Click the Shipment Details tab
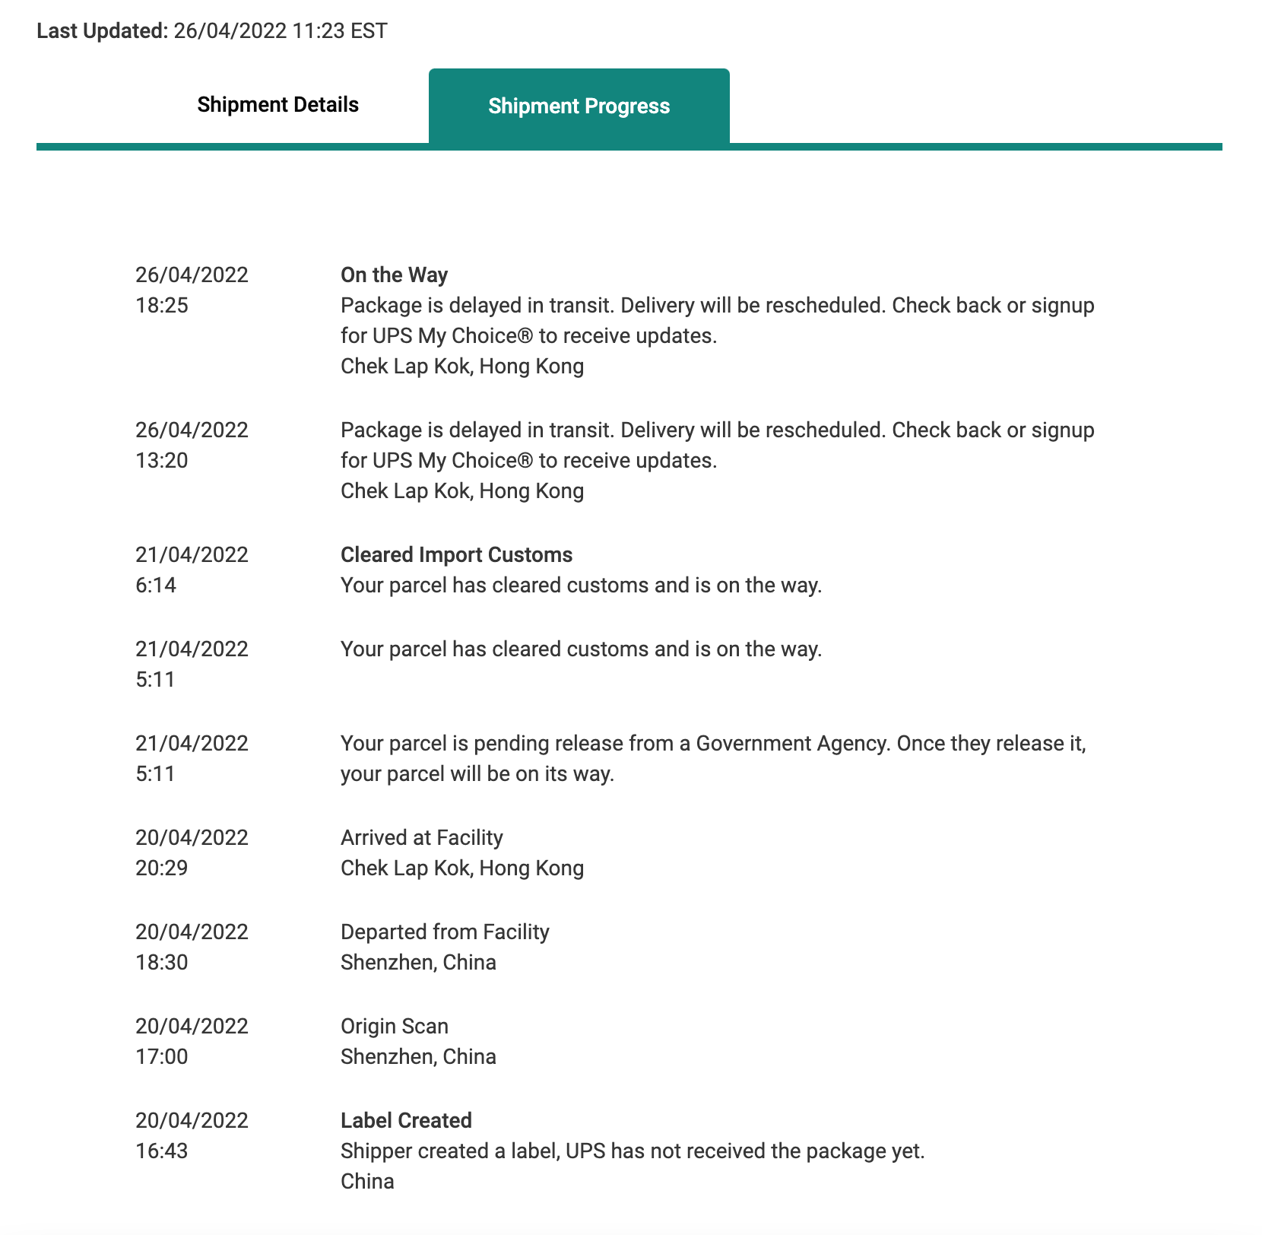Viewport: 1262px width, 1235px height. click(x=277, y=105)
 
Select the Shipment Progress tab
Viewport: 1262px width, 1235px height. click(x=579, y=106)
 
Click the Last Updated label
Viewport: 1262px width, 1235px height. click(x=102, y=31)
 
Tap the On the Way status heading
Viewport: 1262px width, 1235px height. click(x=394, y=275)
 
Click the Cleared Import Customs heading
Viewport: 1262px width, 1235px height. click(x=456, y=555)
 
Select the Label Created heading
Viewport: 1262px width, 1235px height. click(x=406, y=1121)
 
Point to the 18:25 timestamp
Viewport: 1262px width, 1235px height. click(x=162, y=306)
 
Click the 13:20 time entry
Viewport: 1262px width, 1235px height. click(x=162, y=461)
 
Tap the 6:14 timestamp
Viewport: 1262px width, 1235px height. click(x=156, y=586)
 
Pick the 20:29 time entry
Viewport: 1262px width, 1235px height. click(x=162, y=868)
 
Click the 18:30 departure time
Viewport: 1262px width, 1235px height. click(x=162, y=963)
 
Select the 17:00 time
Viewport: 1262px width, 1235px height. click(x=162, y=1057)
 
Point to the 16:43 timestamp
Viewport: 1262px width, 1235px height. click(x=162, y=1151)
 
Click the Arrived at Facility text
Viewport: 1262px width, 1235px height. click(x=421, y=838)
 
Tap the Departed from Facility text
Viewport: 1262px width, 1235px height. click(x=445, y=932)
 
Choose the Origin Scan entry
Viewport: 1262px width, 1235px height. click(x=394, y=1027)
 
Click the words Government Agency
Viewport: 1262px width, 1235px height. click(x=791, y=744)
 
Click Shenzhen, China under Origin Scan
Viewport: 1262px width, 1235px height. click(x=418, y=1057)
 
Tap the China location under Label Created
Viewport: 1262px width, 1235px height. click(x=367, y=1182)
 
